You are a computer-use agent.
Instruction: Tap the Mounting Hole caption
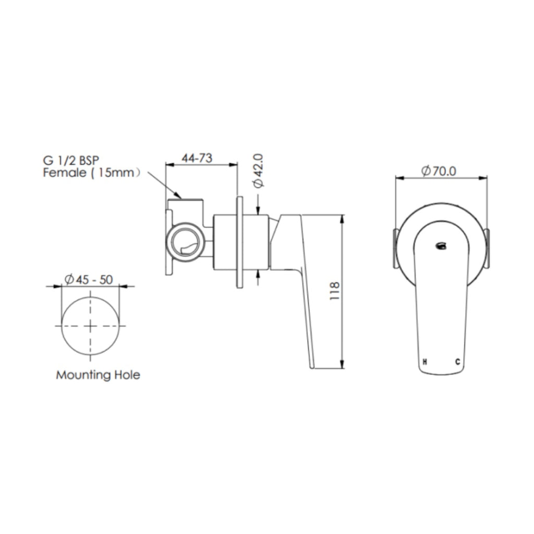point(98,374)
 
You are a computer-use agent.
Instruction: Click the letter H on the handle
point(425,361)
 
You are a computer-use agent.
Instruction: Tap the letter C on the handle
point(458,361)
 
